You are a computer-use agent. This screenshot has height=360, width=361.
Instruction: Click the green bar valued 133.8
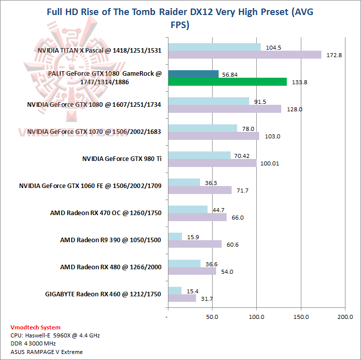click(227, 82)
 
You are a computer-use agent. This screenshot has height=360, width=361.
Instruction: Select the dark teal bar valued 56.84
click(193, 74)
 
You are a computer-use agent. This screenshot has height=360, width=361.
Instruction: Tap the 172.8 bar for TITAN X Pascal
click(245, 55)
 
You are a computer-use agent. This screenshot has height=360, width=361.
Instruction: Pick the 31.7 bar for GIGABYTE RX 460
click(182, 298)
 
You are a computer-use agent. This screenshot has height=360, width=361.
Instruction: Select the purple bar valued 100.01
click(212, 163)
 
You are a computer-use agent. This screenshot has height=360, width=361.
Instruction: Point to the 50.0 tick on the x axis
click(212, 317)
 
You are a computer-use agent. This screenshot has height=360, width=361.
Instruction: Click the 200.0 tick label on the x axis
click(345, 317)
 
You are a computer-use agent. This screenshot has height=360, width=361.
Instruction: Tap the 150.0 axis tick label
click(301, 317)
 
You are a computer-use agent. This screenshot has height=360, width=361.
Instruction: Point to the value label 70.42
click(242, 155)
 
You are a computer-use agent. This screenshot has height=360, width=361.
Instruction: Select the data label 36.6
click(211, 264)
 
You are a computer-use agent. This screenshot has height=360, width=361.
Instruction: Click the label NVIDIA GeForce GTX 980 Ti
click(122, 159)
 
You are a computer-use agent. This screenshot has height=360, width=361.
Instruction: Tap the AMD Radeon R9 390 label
click(111, 240)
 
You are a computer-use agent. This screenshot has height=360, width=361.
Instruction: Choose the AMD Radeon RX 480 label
click(111, 267)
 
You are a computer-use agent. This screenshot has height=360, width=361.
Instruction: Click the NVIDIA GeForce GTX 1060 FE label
click(90, 186)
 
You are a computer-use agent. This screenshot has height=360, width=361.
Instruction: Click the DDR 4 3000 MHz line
click(33, 343)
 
